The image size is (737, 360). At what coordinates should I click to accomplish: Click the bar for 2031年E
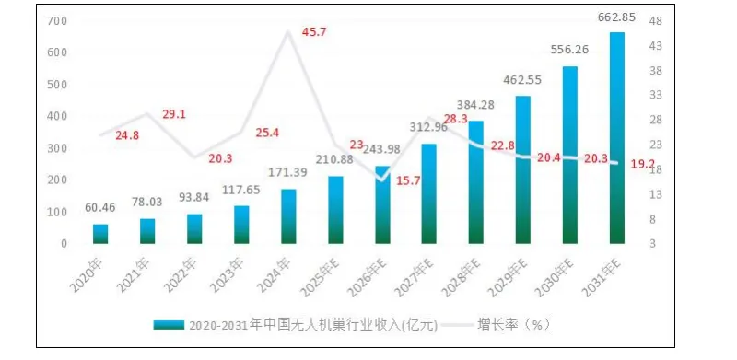tap(617, 138)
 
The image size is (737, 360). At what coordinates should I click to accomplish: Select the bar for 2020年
tap(100, 234)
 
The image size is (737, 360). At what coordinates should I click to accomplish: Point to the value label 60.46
tap(100, 209)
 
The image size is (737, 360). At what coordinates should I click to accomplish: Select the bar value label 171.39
tap(289, 173)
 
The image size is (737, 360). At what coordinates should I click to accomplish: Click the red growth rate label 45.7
tap(314, 33)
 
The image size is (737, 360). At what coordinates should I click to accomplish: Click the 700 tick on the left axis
tap(55, 21)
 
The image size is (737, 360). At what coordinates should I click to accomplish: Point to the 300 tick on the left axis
tap(55, 148)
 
